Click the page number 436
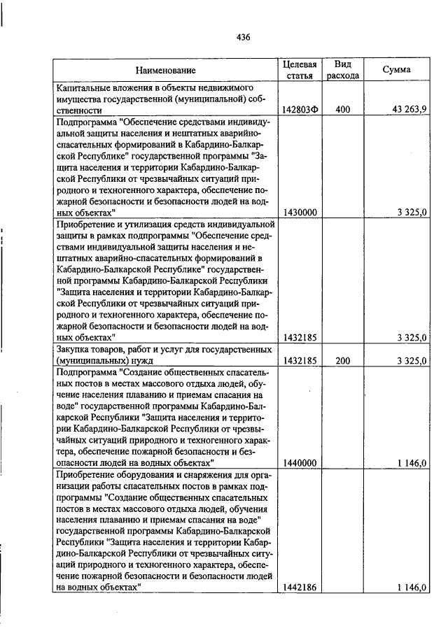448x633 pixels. pyautogui.click(x=243, y=37)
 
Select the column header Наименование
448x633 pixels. pyautogui.click(x=166, y=70)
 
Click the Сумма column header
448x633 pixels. pyautogui.click(x=396, y=70)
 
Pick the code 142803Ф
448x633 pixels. pyautogui.click(x=300, y=110)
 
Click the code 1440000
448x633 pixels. pyautogui.click(x=300, y=462)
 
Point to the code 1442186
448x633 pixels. pyautogui.click(x=300, y=588)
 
